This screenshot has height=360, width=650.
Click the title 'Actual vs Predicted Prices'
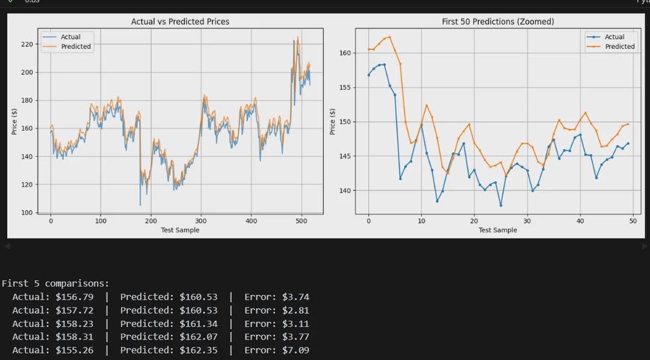(180, 22)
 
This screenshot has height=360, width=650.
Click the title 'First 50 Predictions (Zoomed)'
(498, 22)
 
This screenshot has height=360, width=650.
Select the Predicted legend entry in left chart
(76, 46)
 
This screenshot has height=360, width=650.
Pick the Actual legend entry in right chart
(614, 37)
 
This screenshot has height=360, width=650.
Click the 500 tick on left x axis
(302, 221)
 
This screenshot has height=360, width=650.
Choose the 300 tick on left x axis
(201, 221)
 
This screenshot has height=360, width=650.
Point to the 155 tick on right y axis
(345, 87)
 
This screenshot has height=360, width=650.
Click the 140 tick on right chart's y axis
(345, 191)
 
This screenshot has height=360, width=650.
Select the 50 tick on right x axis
(633, 221)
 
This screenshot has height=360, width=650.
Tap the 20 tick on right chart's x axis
(474, 221)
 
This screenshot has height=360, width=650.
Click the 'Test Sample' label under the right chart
(498, 230)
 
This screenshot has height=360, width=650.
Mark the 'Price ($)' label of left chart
(14, 122)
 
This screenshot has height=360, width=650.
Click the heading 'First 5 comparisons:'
(55, 283)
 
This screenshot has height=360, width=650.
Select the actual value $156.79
(75, 297)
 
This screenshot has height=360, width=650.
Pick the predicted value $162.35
(199, 350)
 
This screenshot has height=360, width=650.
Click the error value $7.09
(296, 350)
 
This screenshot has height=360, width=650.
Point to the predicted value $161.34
(199, 323)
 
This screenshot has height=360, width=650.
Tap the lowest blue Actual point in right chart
(501, 205)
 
